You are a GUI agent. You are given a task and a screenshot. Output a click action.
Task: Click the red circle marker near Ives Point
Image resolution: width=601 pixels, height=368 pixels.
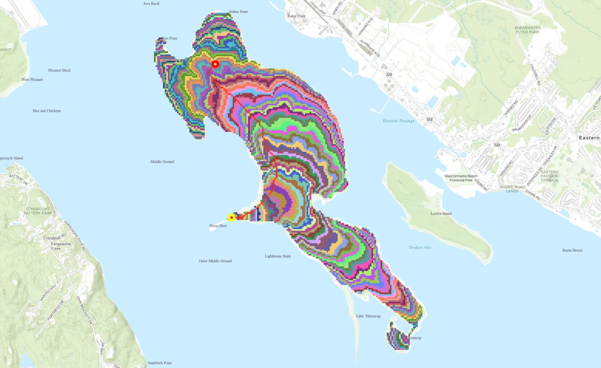tap(215, 64)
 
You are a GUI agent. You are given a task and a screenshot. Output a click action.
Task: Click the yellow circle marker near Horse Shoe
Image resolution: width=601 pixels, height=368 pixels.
tap(231, 218)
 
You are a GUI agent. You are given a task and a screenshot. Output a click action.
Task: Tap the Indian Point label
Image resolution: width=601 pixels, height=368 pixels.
tap(238, 11)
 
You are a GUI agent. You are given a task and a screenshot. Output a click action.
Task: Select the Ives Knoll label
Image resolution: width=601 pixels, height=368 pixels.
tap(151, 4)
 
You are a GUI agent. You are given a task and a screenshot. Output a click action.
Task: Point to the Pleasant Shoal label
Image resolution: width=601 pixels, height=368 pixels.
tap(59, 70)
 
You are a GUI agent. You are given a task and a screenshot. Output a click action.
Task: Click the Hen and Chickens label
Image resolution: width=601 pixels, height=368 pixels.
tap(47, 111)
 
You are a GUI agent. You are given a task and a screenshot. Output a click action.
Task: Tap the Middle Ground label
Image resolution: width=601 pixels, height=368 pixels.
tap(162, 161)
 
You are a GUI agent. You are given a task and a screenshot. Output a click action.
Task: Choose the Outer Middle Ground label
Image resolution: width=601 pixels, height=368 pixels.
tap(215, 261)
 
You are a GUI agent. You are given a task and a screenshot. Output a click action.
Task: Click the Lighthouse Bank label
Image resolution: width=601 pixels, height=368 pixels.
tap(278, 256)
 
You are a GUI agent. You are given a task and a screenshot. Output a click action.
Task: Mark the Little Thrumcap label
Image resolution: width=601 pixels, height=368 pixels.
tap(369, 316)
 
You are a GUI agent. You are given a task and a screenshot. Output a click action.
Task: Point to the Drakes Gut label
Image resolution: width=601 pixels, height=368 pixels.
tap(420, 248)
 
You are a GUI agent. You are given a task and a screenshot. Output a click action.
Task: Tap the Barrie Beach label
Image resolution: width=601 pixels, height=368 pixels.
tap(572, 250)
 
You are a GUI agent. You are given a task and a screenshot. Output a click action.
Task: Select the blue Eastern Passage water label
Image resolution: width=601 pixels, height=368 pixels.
tap(399, 121)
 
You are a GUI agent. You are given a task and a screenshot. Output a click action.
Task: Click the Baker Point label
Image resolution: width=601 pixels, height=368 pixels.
tap(296, 16)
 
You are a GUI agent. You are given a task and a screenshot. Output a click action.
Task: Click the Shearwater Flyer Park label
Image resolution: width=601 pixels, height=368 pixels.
tap(528, 30)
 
